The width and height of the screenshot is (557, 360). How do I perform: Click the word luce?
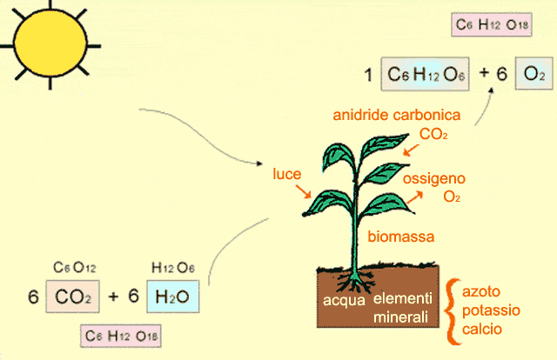(x=287, y=173)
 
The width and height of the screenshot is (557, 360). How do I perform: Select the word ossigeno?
(x=434, y=178)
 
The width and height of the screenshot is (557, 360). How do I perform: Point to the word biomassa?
(x=400, y=236)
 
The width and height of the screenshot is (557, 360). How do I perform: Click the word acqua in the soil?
(x=342, y=301)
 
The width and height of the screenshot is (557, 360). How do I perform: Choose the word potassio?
(x=493, y=310)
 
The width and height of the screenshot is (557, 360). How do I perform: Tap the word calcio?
(x=483, y=330)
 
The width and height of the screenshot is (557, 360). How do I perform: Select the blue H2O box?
(x=172, y=297)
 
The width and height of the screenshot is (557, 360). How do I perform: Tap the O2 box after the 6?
(x=532, y=76)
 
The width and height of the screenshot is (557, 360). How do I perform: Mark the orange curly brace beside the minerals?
(x=452, y=310)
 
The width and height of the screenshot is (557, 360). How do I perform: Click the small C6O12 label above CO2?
(x=73, y=267)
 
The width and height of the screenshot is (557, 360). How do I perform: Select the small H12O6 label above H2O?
(x=173, y=267)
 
